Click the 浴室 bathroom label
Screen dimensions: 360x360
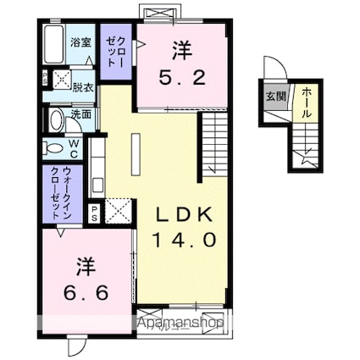(x=80, y=41)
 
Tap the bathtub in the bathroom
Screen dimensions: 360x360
(x=53, y=46)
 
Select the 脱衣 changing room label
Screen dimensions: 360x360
(x=82, y=86)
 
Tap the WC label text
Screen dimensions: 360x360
(x=73, y=150)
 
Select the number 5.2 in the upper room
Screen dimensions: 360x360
(x=181, y=79)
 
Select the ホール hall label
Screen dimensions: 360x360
(x=302, y=101)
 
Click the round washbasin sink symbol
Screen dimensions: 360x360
(x=56, y=119)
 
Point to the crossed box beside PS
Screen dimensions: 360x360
(x=118, y=208)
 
